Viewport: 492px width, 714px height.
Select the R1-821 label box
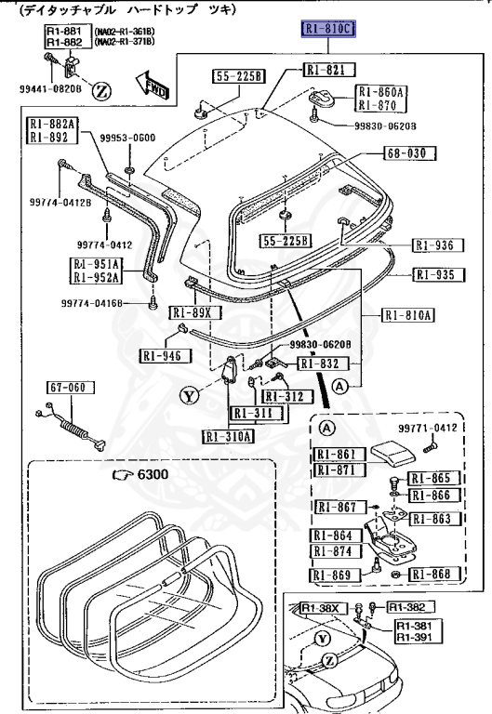pyautogui.click(x=327, y=71)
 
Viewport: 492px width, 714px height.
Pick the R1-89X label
pyautogui.click(x=196, y=313)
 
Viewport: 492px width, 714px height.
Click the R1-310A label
pyautogui.click(x=229, y=435)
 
